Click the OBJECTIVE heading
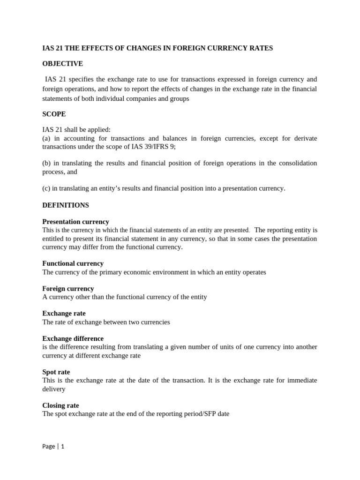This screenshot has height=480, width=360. pos(62,64)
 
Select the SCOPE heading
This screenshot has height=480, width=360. pos(54,114)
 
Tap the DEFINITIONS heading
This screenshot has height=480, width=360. pos(66,205)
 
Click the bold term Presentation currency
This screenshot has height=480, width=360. pos(75,222)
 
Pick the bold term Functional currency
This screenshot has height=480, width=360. pos(73,263)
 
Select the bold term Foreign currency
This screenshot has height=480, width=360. pos(68,289)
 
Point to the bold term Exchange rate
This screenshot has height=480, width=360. pos(64,313)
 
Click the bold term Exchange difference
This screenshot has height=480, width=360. pos(73,338)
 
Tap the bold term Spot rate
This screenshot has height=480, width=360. pos(56,372)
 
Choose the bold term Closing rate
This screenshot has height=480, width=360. pos(60,405)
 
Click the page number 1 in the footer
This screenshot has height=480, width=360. pos(62,447)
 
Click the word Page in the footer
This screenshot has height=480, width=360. pos(48,447)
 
